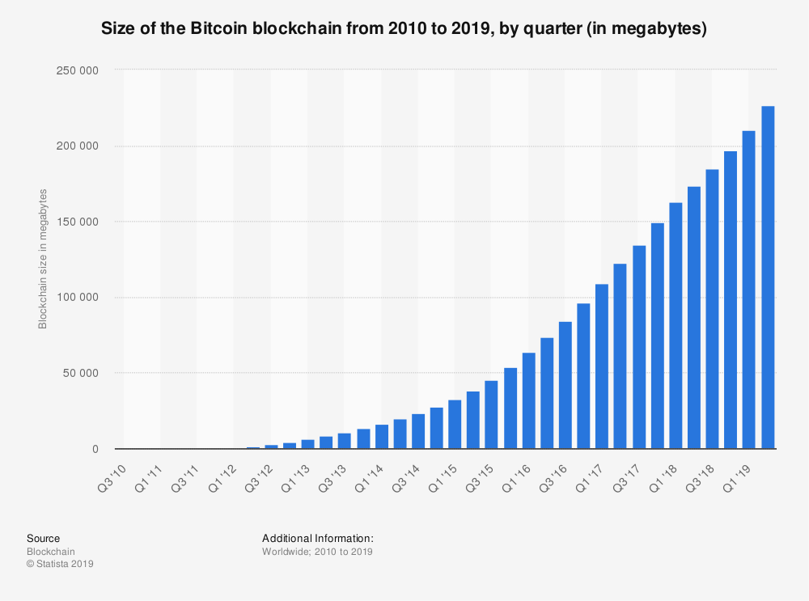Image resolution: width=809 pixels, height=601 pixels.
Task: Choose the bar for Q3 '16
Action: pos(565,385)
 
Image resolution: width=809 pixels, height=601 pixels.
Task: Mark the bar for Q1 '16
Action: pos(528,400)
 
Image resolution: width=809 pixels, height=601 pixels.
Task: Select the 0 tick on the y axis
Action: pos(95,449)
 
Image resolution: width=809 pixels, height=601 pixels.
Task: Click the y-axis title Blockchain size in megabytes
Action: pos(43,259)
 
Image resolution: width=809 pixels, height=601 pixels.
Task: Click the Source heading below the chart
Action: pos(43,538)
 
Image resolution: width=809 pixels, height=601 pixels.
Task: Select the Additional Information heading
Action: pos(317,538)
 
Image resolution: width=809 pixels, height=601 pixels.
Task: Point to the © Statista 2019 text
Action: pos(60,564)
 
